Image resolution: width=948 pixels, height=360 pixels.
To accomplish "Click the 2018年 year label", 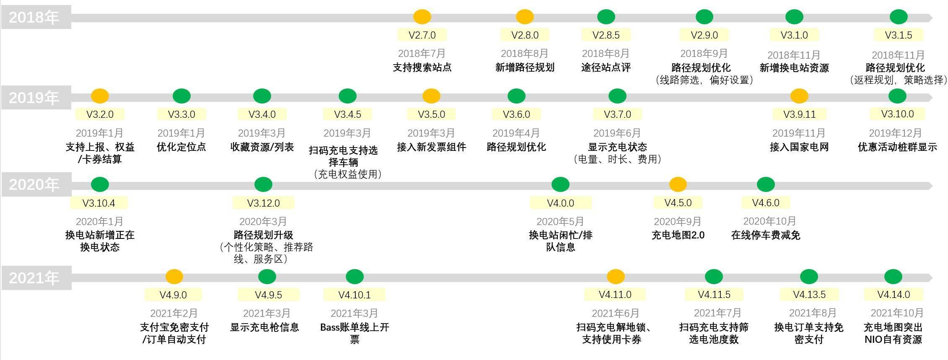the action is pyautogui.click(x=34, y=18).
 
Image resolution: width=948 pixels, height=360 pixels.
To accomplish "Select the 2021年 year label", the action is pyautogui.click(x=34, y=278).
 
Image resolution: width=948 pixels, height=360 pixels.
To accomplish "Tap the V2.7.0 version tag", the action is pyautogui.click(x=422, y=35).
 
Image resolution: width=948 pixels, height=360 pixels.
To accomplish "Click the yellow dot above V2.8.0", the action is pyautogui.click(x=525, y=17).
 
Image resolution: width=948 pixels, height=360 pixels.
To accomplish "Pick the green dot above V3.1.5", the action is pyautogui.click(x=899, y=17).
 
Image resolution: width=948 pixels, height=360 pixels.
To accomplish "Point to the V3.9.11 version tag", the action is pyautogui.click(x=800, y=114).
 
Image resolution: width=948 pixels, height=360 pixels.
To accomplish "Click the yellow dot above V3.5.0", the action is pyautogui.click(x=431, y=96).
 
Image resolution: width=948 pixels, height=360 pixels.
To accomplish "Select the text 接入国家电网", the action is pyautogui.click(x=799, y=147).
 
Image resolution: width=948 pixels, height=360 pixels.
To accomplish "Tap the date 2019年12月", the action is pyautogui.click(x=895, y=133).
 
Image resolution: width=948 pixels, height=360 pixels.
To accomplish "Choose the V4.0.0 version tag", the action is pyautogui.click(x=561, y=203).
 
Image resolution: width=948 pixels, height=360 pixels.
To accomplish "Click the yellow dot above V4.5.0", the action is pyautogui.click(x=678, y=184).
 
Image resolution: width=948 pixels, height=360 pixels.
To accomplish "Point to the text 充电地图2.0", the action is pyautogui.click(x=678, y=235).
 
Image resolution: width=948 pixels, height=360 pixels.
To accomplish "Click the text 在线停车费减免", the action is pyautogui.click(x=766, y=235).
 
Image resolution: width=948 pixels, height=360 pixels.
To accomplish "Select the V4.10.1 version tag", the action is pyautogui.click(x=355, y=295).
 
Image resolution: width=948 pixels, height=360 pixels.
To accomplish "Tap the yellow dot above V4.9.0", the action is pyautogui.click(x=174, y=277).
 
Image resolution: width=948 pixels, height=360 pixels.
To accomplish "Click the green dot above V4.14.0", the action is pyautogui.click(x=893, y=277).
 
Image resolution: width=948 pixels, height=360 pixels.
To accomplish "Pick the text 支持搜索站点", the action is pyautogui.click(x=422, y=67).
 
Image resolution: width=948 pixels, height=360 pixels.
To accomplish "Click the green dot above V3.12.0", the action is pyautogui.click(x=263, y=184).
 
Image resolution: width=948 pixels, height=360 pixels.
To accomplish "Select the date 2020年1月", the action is pyautogui.click(x=100, y=221).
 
